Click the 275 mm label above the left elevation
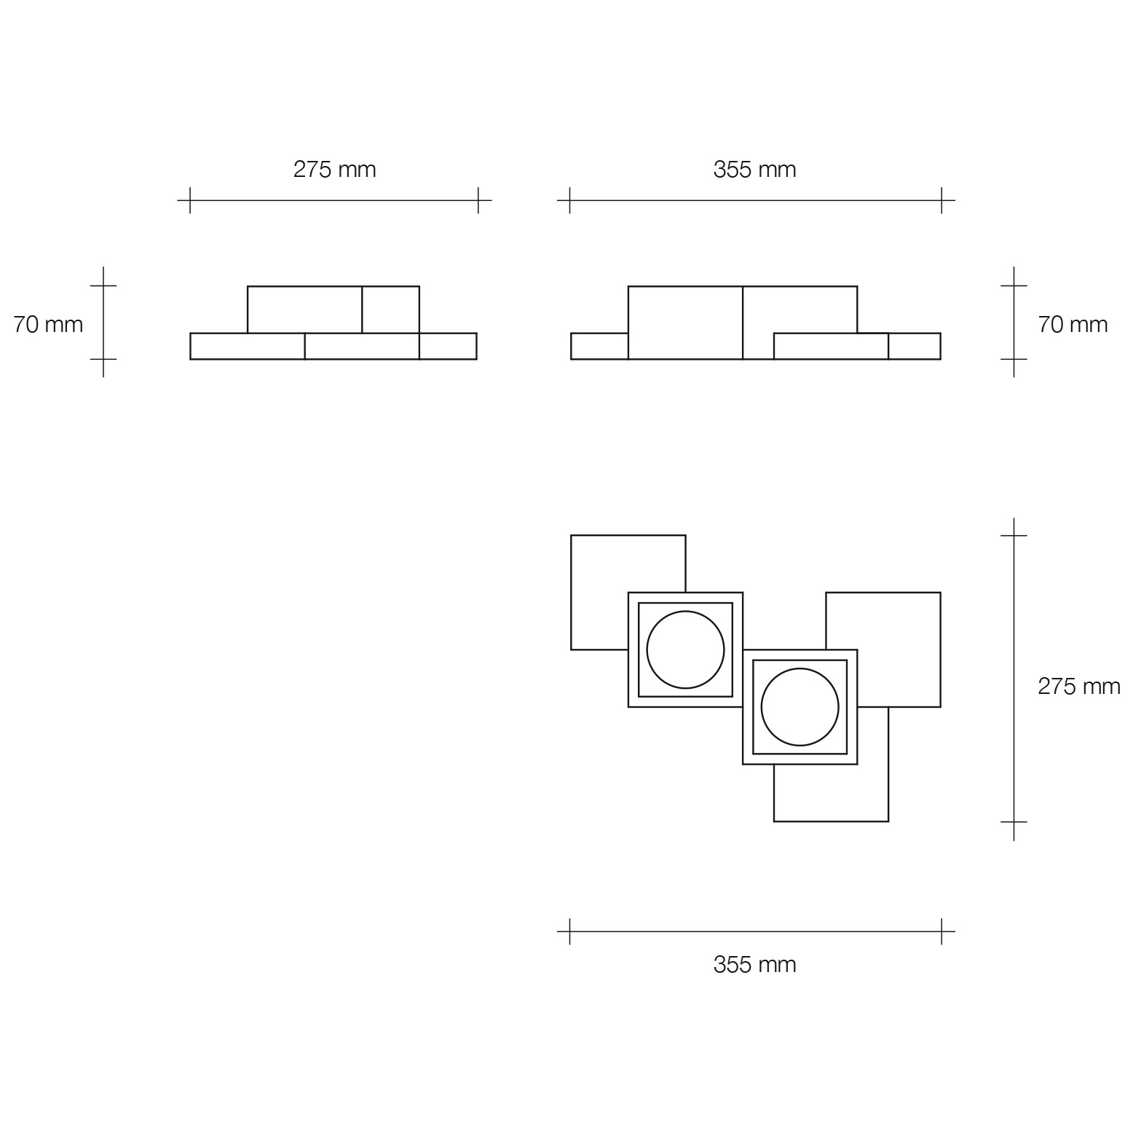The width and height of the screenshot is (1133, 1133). (335, 170)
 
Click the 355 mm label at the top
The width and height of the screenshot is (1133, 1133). (755, 170)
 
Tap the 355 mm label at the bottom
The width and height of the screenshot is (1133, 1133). (755, 965)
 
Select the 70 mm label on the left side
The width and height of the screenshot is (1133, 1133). (48, 324)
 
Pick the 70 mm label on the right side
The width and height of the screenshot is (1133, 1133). (1073, 324)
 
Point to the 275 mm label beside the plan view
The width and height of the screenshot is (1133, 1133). (1079, 687)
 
